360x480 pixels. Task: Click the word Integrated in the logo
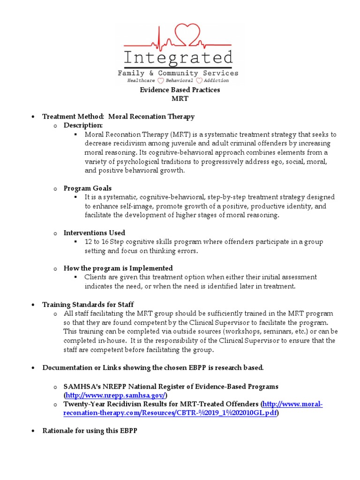pyautogui.click(x=178, y=59)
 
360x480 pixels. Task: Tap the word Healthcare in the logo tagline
pyautogui.click(x=142, y=81)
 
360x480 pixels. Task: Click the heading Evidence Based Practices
pyautogui.click(x=180, y=90)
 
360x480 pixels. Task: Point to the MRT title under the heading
pyautogui.click(x=180, y=98)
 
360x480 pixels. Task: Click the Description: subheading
pyautogui.click(x=83, y=125)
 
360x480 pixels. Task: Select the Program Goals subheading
pyautogui.click(x=88, y=188)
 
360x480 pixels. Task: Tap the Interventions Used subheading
pyautogui.click(x=94, y=232)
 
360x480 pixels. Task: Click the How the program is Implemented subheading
pyautogui.click(x=118, y=268)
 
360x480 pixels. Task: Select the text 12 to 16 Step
pyautogui.click(x=106, y=242)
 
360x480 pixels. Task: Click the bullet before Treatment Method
pyautogui.click(x=33, y=117)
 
